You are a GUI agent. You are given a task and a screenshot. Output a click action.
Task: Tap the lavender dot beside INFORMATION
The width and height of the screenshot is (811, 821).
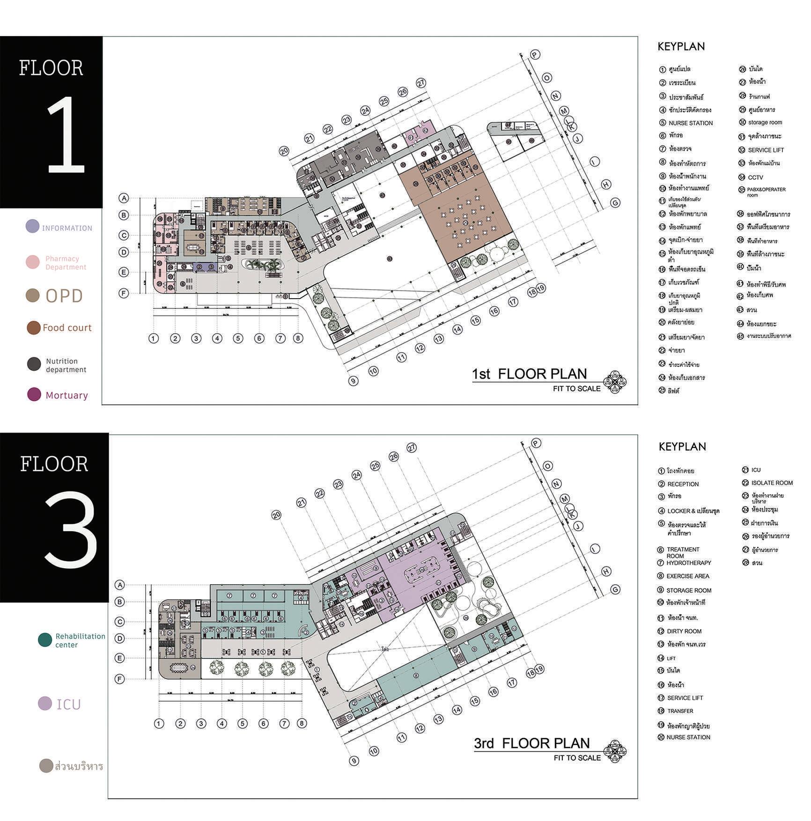coord(32,227)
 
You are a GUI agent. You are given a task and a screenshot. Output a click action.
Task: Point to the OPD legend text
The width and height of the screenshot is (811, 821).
coord(64,296)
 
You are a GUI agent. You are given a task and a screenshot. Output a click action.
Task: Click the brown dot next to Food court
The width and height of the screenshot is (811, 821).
coord(33,328)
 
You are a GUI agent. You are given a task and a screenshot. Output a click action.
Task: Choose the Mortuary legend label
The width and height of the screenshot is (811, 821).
coord(66,396)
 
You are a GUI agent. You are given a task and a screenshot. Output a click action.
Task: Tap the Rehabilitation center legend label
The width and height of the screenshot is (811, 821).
coord(80,640)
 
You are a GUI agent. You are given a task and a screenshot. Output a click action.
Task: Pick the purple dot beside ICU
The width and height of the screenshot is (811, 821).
coord(45,704)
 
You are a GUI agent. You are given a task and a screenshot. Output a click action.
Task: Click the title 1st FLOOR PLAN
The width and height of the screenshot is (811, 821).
coord(529,374)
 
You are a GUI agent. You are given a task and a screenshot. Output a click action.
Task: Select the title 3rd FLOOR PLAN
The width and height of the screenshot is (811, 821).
coord(532,743)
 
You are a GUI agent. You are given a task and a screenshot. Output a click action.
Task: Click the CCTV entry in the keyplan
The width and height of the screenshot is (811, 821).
coord(755,177)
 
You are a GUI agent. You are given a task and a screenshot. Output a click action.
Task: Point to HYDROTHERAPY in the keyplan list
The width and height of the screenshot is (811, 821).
coord(688,563)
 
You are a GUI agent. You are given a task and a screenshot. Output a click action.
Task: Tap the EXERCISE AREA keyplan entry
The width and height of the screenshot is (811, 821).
coord(687,576)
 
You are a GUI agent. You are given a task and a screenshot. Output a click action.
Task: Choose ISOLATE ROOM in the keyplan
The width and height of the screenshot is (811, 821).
coord(772,483)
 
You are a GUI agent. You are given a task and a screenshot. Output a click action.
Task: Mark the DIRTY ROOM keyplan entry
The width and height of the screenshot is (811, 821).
coord(684,631)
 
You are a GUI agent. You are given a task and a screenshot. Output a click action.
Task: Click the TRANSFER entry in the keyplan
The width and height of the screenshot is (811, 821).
coord(680,711)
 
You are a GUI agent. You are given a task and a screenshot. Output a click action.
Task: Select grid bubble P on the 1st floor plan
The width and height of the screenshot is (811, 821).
coord(535,55)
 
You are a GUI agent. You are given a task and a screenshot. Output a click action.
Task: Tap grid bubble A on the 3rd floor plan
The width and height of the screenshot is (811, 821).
coord(120,585)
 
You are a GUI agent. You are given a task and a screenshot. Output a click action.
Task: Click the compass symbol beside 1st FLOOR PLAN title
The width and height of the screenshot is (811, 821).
coord(615,382)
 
